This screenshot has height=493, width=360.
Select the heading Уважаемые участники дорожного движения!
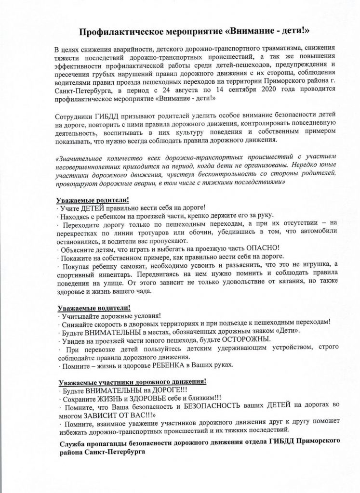(132, 381)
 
